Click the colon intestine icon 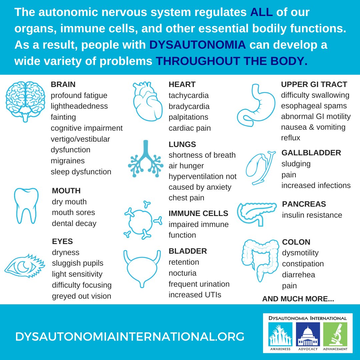click(260, 260)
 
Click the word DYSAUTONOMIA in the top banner click(197, 45)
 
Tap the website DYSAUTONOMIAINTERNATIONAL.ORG click(130, 336)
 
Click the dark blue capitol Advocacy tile click(308, 334)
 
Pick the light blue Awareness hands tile click(280, 334)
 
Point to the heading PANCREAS click(304, 204)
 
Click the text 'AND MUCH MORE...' click(298, 299)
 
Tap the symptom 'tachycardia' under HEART click(189, 95)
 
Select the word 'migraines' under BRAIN click(68, 161)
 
